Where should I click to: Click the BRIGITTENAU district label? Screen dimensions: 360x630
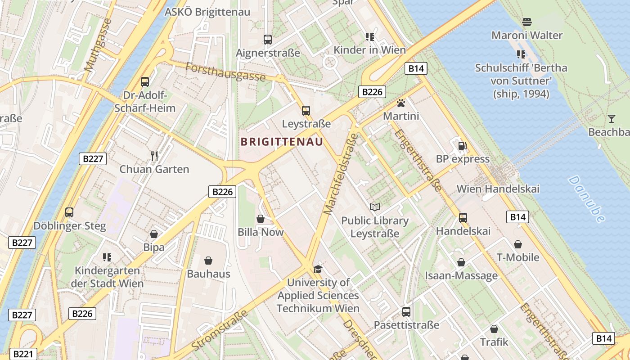click(282, 142)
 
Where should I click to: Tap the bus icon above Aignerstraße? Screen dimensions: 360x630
click(268, 40)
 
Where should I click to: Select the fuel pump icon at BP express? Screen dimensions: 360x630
click(462, 146)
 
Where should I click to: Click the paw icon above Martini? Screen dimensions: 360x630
click(400, 103)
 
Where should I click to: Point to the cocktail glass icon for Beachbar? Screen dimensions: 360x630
click(611, 119)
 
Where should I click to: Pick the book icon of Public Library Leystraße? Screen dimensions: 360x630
click(374, 207)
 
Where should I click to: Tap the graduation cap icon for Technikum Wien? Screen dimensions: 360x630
click(318, 269)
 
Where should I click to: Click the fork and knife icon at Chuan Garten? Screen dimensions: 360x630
click(154, 156)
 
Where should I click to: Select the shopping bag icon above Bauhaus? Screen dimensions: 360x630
click(208, 261)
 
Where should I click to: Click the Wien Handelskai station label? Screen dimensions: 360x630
click(498, 189)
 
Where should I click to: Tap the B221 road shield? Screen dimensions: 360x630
click(22, 354)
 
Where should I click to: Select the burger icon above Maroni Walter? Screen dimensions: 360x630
click(526, 22)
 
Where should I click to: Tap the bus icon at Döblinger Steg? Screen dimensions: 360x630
click(69, 212)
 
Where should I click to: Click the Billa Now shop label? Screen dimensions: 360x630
click(261, 232)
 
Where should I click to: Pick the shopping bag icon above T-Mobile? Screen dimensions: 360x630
click(518, 244)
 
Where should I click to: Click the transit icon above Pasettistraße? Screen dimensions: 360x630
click(406, 311)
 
